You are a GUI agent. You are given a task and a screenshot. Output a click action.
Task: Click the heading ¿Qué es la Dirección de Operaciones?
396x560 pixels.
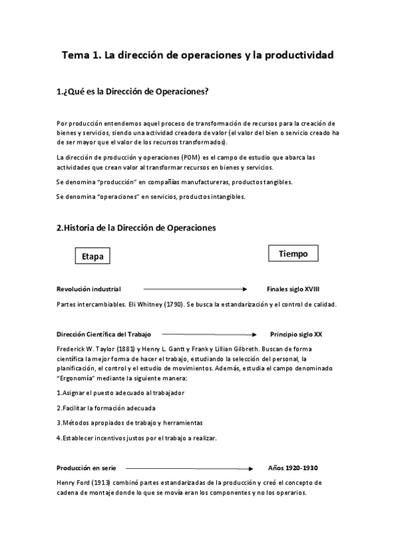[133, 92]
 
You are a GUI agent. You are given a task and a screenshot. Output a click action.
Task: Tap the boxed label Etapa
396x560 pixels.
[92, 256]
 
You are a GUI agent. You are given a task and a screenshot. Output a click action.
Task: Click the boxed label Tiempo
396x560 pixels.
[293, 254]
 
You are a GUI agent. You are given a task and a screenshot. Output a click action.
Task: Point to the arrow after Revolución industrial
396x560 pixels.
[194, 289]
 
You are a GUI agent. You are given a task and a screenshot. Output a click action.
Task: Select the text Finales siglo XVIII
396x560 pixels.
[294, 289]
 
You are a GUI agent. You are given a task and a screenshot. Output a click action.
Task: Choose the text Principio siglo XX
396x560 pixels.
[296, 334]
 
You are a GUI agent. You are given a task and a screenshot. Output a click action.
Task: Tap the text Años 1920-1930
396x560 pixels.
[294, 468]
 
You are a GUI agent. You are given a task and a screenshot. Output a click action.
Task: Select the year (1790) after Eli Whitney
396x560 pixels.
[187, 304]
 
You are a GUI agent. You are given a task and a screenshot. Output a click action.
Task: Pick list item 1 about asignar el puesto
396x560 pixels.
[120, 393]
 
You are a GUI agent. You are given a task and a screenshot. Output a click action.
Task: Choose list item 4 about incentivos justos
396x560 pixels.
[136, 438]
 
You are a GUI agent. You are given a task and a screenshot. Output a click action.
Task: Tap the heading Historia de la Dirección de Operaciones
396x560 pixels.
[136, 228]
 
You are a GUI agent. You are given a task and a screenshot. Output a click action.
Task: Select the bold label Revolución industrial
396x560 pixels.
[89, 289]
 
